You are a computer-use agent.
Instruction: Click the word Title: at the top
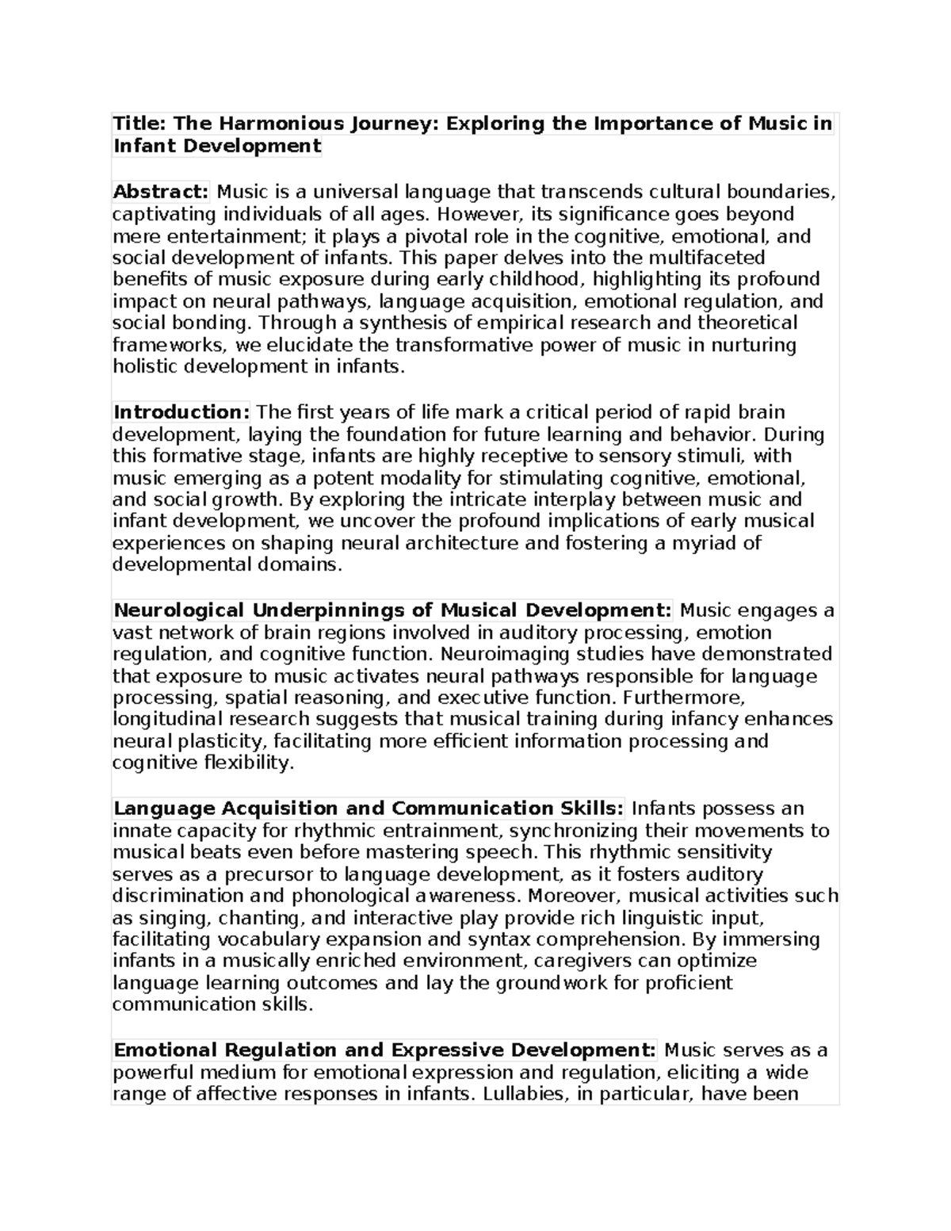click(140, 124)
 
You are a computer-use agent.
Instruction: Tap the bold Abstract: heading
click(161, 192)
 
